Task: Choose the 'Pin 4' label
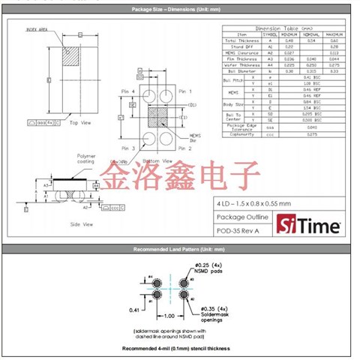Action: point(128,90)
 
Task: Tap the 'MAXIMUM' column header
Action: point(335,34)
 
